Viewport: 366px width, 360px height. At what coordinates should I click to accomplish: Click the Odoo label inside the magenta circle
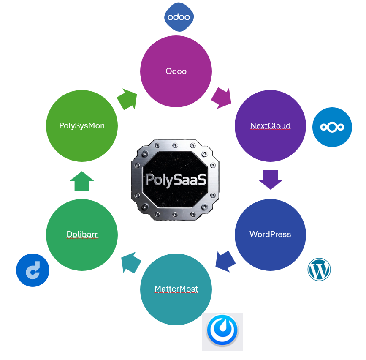click(x=176, y=71)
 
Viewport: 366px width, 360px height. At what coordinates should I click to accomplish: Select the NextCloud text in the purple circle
click(x=270, y=125)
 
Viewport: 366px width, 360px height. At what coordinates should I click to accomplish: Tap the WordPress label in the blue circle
click(x=270, y=234)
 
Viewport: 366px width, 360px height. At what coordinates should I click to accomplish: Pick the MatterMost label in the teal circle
click(x=176, y=289)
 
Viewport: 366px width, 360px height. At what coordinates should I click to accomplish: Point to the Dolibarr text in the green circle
click(x=82, y=234)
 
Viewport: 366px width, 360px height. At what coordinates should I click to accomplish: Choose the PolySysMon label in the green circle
click(x=81, y=125)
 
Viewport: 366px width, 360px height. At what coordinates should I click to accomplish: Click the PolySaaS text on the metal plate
click(x=176, y=179)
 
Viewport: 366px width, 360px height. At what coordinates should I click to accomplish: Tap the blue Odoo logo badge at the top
click(x=179, y=17)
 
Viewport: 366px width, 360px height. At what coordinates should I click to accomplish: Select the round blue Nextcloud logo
click(x=332, y=127)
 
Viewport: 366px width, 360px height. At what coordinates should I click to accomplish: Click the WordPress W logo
click(x=319, y=270)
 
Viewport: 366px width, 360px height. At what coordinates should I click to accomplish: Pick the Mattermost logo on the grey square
click(x=222, y=331)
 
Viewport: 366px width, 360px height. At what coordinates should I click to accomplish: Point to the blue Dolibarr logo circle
click(x=33, y=270)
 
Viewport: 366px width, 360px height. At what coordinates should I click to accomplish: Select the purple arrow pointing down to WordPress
click(x=270, y=180)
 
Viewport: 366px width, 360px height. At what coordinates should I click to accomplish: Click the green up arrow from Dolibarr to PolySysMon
click(x=82, y=180)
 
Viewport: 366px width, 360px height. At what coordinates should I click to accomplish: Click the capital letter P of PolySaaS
click(x=150, y=180)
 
